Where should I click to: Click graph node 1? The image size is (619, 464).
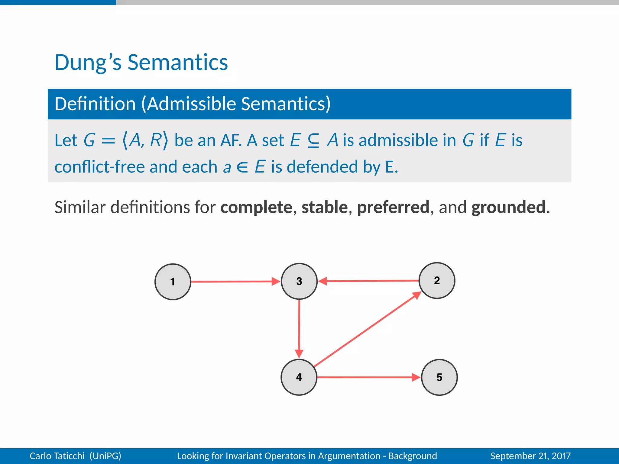coord(173,282)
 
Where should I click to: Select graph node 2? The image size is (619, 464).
coord(437,280)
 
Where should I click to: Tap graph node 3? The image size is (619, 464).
coord(299,281)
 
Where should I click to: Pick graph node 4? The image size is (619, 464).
coord(299,377)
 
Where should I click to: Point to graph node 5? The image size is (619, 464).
coord(439,377)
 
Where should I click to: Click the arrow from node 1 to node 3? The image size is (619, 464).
coord(233,282)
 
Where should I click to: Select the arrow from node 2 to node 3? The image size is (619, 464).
coord(369,281)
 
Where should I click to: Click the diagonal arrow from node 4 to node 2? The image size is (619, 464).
coord(367,329)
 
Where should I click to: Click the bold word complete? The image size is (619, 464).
coord(256,207)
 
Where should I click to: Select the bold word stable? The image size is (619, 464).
coord(325,207)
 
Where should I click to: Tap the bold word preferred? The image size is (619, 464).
coord(393,207)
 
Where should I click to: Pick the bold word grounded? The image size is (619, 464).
coord(509,207)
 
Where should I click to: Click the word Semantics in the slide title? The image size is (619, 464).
coord(178,63)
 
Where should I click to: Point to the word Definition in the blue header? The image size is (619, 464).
coord(95,104)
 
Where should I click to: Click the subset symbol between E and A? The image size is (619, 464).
coord(313,141)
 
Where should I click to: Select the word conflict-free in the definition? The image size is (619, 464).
coord(99,167)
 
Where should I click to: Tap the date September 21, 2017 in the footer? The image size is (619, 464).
coord(530,456)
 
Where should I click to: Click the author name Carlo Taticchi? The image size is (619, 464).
coord(57,456)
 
